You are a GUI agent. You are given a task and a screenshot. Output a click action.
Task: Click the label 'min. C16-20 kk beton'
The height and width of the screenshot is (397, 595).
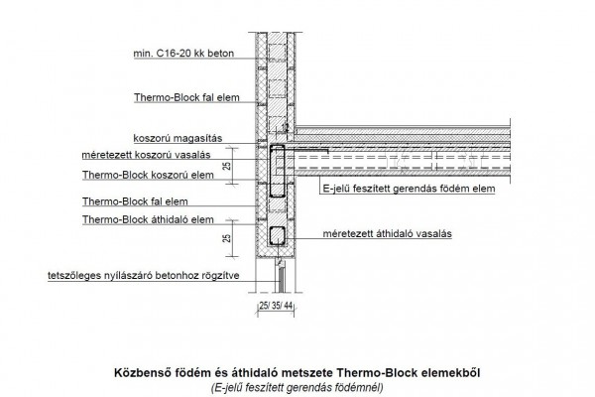point(183,54)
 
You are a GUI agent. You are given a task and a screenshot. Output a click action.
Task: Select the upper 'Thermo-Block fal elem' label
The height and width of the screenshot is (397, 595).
point(186,97)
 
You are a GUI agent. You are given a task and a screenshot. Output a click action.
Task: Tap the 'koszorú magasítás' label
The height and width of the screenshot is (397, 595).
point(178,138)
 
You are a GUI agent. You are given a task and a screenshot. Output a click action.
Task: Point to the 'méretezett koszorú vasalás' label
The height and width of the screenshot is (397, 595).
point(146,155)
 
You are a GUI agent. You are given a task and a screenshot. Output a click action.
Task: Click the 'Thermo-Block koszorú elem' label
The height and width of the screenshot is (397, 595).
point(148,175)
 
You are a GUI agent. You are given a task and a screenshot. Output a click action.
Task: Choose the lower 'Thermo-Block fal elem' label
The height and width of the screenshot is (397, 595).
point(135,201)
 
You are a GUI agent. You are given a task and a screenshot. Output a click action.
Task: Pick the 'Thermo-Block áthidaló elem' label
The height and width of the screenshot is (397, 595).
point(148,219)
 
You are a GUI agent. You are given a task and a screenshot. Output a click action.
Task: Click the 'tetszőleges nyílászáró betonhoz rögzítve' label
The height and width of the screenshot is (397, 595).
point(144,276)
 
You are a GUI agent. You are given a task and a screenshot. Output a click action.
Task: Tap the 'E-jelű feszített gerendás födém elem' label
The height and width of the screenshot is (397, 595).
point(409,189)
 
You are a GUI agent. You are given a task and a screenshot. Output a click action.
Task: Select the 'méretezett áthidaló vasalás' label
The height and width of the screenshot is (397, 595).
point(387,233)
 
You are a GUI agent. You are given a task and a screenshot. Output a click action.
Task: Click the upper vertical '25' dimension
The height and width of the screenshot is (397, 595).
point(227,166)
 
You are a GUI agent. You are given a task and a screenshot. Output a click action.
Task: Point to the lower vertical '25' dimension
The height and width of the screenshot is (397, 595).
point(227,238)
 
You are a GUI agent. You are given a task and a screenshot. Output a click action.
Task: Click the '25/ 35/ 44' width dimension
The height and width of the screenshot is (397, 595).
point(277,306)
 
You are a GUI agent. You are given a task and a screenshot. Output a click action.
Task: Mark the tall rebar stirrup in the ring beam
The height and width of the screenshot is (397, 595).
point(270,171)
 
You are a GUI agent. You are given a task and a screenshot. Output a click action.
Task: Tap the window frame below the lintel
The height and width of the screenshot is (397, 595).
point(281,276)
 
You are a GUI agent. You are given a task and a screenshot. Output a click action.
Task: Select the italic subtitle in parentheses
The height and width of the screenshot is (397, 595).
point(297,388)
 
